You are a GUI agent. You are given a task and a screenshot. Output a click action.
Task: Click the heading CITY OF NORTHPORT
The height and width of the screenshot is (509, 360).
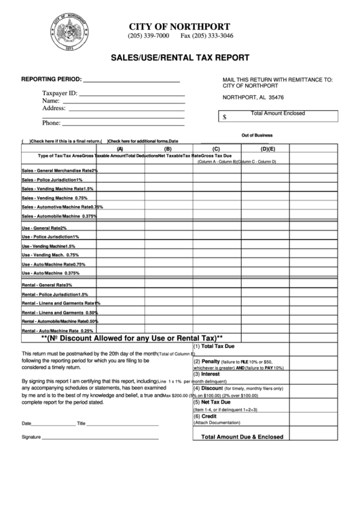tap(184, 25)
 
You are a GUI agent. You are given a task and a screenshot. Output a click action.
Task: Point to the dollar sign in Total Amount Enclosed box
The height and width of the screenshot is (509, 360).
tap(226, 117)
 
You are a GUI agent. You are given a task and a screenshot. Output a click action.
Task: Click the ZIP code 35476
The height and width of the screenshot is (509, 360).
tap(276, 96)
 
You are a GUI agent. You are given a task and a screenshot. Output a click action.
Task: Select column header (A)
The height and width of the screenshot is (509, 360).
tap(120, 149)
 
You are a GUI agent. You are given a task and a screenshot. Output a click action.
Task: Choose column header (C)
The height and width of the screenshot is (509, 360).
tap(216, 149)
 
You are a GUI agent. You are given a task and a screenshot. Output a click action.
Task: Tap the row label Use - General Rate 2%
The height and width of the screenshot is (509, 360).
tap(44, 228)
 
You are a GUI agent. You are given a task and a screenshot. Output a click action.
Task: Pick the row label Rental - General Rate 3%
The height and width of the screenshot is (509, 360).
tap(47, 285)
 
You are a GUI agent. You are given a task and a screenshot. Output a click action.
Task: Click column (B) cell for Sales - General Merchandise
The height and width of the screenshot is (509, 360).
tap(168, 170)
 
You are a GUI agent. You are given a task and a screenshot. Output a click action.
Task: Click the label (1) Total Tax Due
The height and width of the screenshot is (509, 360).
tap(216, 346)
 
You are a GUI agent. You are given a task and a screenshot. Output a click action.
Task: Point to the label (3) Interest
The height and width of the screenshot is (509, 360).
tap(206, 374)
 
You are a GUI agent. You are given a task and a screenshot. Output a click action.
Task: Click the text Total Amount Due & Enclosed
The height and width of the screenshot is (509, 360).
tap(252, 437)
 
